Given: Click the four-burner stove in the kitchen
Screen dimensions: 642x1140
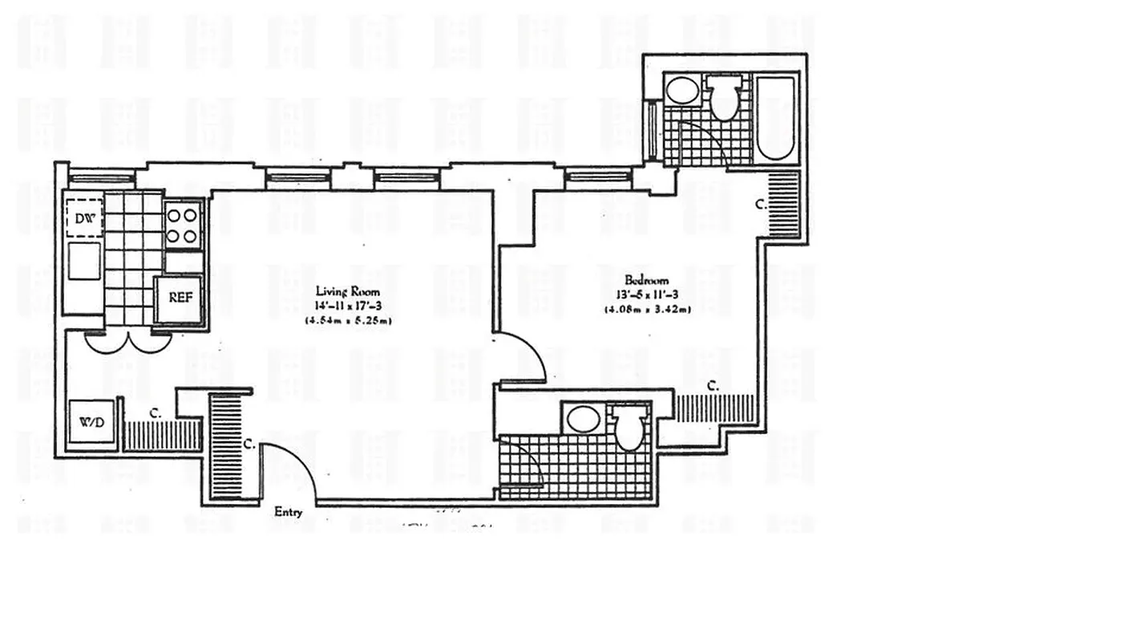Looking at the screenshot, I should (184, 226).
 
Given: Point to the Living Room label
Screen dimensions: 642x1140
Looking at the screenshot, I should (348, 292).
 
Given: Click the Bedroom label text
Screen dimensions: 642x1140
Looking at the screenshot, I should (647, 281).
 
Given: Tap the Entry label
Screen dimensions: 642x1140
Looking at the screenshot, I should (289, 512).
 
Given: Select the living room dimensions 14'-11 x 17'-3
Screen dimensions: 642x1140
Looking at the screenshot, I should (348, 307).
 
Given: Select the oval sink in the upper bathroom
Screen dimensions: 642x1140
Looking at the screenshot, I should (684, 91).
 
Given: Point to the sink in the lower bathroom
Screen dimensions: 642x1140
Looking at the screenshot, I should (583, 420).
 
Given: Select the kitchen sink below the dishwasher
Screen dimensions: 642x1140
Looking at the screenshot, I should (84, 262).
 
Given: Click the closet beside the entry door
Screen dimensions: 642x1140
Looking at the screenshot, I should (226, 446).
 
